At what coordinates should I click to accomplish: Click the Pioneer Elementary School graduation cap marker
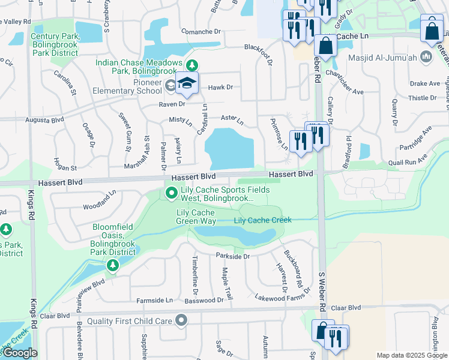pyautogui.click(x=187, y=85)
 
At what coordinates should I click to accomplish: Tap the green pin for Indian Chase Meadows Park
pyautogui.click(x=191, y=65)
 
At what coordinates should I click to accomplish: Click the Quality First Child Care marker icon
pyautogui.click(x=181, y=321)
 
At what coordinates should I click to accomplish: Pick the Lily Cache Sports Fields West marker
pyautogui.click(x=171, y=193)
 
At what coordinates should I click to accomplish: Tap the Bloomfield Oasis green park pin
pyautogui.click(x=112, y=265)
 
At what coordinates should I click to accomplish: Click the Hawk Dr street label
pyautogui.click(x=220, y=88)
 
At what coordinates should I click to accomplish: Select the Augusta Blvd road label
pyautogui.click(x=44, y=120)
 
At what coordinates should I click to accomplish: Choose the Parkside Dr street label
pyautogui.click(x=232, y=256)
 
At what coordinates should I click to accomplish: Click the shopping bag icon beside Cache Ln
pyautogui.click(x=325, y=46)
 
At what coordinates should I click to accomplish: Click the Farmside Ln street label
pyautogui.click(x=154, y=299)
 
